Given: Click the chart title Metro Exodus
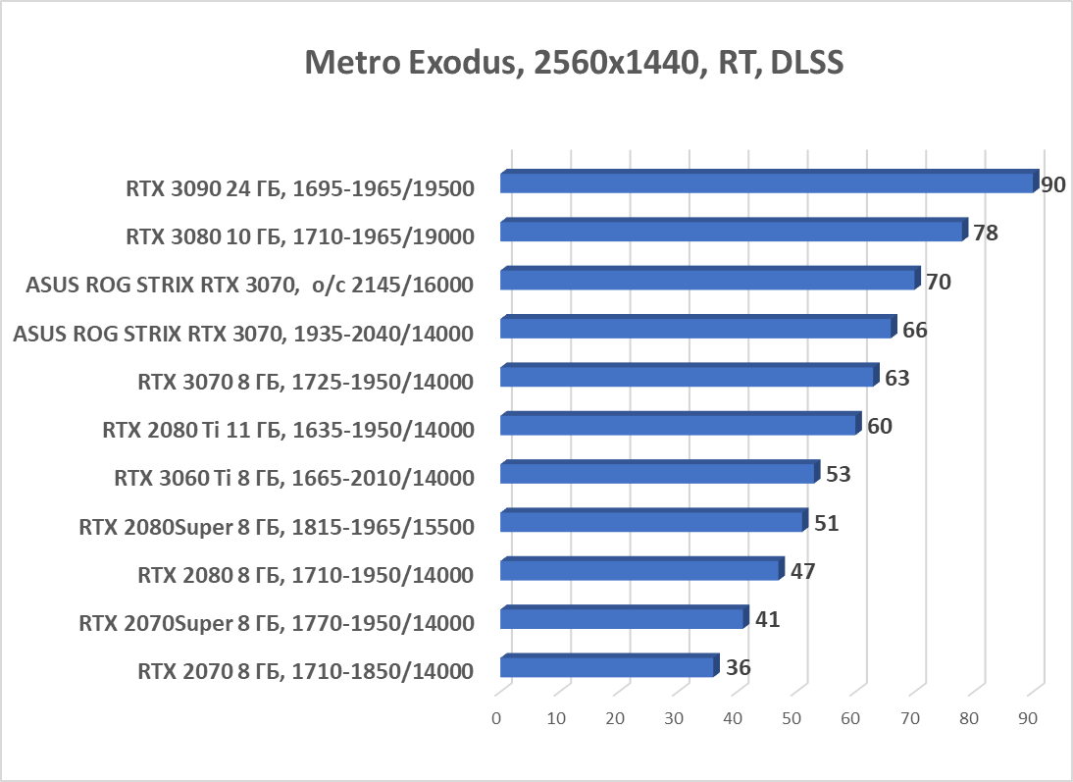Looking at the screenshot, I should pos(574,62).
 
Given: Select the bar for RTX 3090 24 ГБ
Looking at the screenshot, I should pos(767,182).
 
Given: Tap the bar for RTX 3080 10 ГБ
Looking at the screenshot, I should pos(732,232).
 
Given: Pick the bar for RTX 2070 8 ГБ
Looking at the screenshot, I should pos(607,667).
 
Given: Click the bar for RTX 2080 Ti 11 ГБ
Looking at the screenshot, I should pos(679,425).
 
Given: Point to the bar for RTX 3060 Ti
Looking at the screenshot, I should pos(657,474).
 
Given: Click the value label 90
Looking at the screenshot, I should pos(1053,184).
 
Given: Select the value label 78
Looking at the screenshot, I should pos(986,234).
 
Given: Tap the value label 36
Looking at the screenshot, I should pos(738,668).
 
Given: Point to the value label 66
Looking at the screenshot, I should pos(914,330).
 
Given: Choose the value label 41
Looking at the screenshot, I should pos(767,619).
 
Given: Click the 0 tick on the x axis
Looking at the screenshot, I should pos(497,718).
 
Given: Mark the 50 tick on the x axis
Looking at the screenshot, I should pos(792,718).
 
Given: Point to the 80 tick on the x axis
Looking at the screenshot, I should pos(969,718).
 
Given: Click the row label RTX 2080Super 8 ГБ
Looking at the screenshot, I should pos(277,527).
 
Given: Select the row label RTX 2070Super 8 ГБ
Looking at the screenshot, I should pos(277,623).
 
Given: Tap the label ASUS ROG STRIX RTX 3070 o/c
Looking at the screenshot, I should pos(251,285).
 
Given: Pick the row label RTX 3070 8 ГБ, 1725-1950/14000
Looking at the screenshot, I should pos(306,382).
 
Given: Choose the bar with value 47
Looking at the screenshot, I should pos(639,570).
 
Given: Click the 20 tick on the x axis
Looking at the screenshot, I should pos(615,718).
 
